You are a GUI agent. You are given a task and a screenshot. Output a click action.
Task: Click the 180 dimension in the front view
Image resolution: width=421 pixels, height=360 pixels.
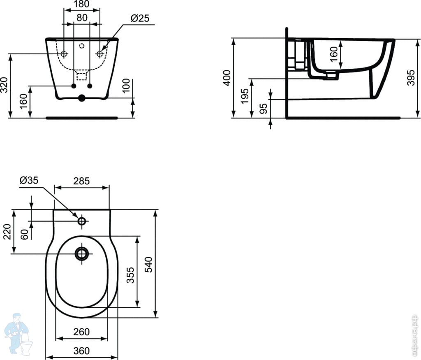[x=81, y=5]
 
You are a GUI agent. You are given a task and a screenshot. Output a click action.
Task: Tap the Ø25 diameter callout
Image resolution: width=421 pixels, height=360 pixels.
[x=140, y=18]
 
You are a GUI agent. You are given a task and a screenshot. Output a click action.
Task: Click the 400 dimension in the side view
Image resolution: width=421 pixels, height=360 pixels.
[x=227, y=78]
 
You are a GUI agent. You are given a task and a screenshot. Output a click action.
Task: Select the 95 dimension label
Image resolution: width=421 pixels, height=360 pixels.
[x=264, y=108]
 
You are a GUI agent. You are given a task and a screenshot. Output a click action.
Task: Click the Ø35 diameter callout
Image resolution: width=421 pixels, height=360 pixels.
[x=29, y=180]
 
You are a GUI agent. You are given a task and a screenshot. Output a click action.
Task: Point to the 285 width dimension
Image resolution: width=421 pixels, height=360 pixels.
[x=82, y=181]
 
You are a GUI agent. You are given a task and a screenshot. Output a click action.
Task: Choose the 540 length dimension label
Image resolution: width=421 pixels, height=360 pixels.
[x=149, y=264]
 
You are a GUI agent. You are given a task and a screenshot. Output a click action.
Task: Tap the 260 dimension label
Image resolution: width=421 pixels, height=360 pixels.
[x=82, y=331]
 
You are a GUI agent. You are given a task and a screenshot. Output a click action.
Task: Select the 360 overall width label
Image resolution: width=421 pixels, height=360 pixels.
[x=81, y=351]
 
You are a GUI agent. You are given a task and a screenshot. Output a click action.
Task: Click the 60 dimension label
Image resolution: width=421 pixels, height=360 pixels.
[x=25, y=235]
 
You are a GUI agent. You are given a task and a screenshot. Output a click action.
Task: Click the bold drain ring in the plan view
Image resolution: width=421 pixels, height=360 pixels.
[x=82, y=253]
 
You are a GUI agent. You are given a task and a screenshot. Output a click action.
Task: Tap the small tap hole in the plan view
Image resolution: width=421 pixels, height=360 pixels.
[x=82, y=221]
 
